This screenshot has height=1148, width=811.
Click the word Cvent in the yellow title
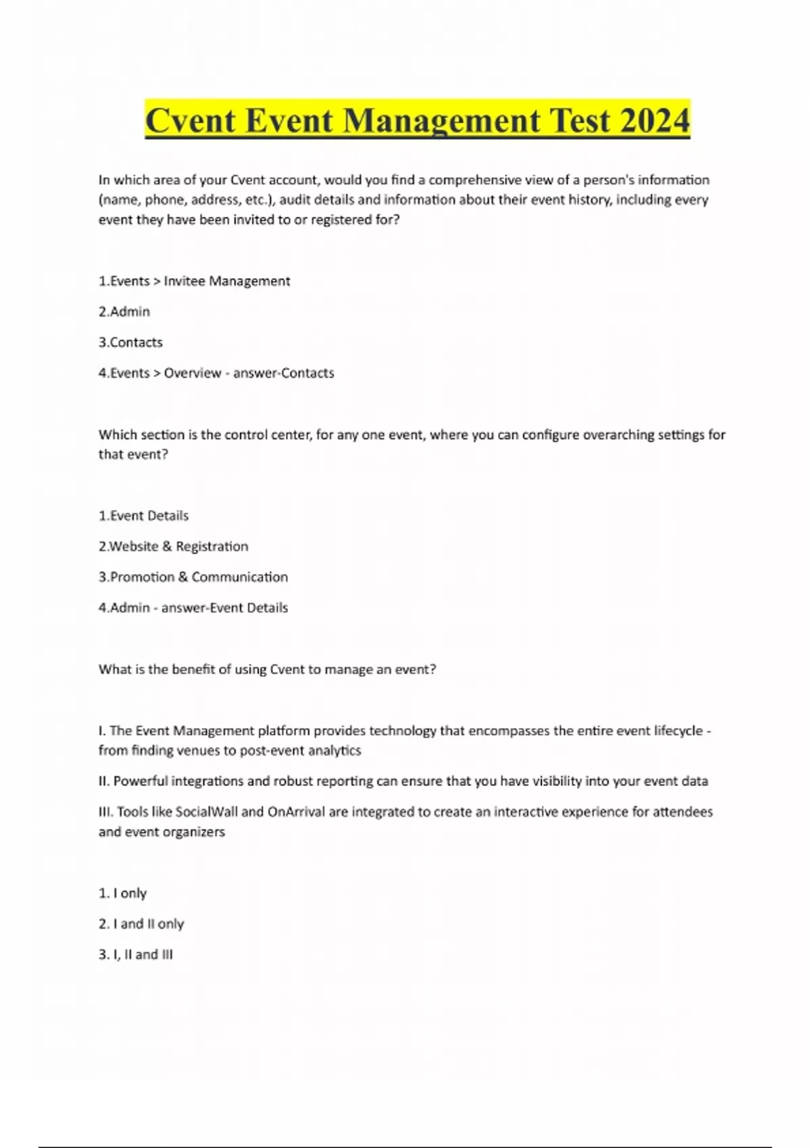coord(190,122)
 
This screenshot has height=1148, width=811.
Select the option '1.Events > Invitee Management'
coord(194,281)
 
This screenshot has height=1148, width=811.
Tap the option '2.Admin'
coord(124,311)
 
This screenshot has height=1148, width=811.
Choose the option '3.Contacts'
coord(130,342)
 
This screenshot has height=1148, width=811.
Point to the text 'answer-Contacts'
coord(284,373)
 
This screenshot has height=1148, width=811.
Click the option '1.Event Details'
coord(143,516)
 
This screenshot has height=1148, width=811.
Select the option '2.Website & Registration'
coord(173,546)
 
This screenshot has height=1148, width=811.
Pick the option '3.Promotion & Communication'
coord(193,577)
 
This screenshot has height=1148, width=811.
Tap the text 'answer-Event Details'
coord(224,608)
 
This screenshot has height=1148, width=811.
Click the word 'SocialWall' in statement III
coord(206,812)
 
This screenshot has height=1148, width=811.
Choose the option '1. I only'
coord(122,893)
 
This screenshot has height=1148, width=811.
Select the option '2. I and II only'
coord(141,924)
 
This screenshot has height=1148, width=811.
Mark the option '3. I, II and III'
coord(136,954)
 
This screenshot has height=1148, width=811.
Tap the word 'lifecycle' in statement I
coord(678,731)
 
